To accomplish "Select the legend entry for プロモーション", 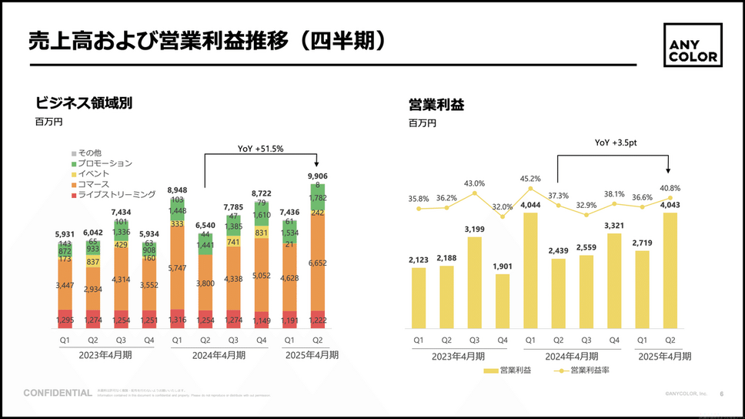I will pyautogui.click(x=104, y=163).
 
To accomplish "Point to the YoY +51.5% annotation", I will pyautogui.click(x=261, y=149).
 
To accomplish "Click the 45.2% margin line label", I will pyautogui.click(x=531, y=179).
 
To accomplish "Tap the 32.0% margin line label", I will pyautogui.click(x=503, y=206).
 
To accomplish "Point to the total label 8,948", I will pyautogui.click(x=177, y=189).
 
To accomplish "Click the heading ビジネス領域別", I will pyautogui.click(x=84, y=102).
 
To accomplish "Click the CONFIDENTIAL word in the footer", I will pyautogui.click(x=58, y=394).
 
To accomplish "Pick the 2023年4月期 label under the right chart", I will pyautogui.click(x=459, y=356).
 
